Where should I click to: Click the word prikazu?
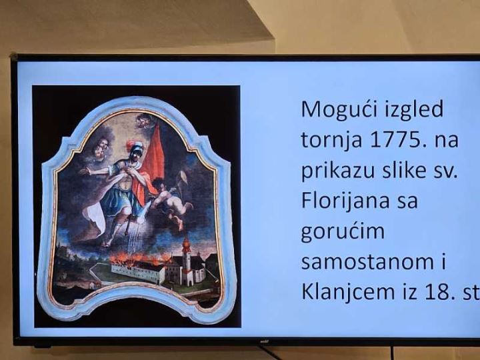click(x=338, y=171)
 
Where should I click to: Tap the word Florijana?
click(x=345, y=201)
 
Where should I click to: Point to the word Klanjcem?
click(x=348, y=292)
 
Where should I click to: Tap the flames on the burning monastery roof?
click(x=140, y=259)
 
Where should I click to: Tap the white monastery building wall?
click(x=138, y=273)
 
